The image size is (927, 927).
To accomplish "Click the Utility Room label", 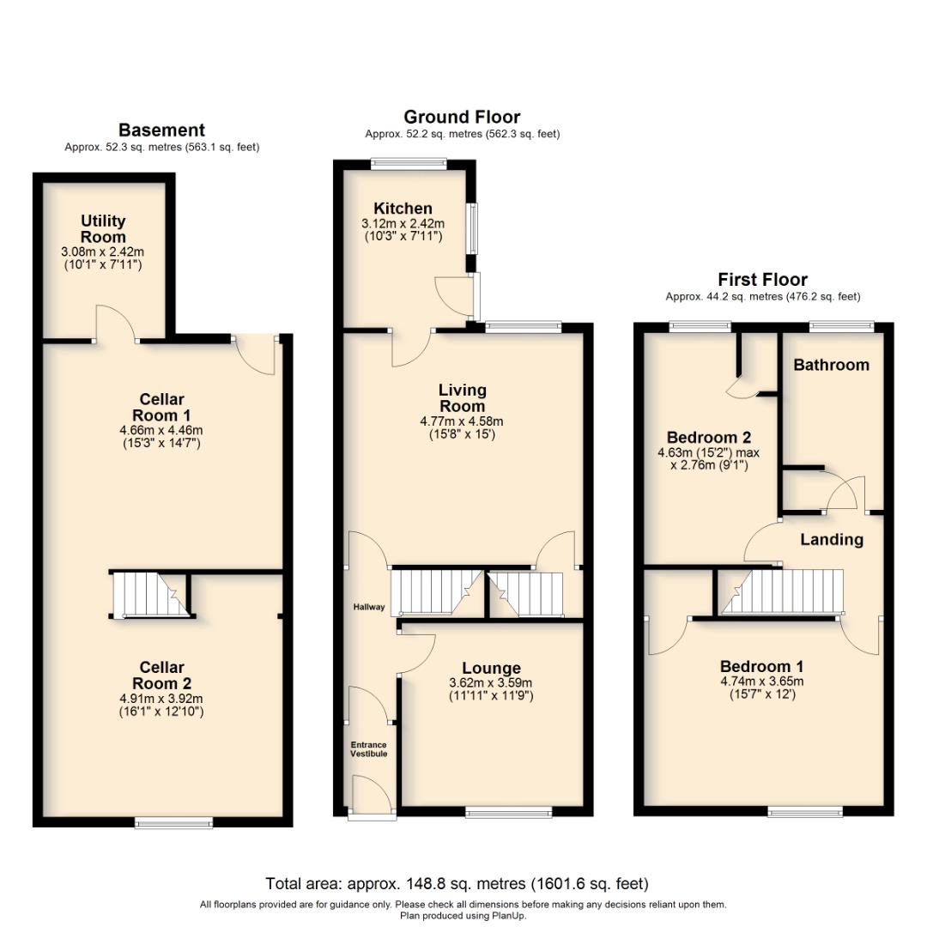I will click(103, 228).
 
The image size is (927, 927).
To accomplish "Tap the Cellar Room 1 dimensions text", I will click(163, 437).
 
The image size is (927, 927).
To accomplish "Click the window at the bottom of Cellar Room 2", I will click(173, 823).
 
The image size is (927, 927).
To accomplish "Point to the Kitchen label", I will click(403, 209).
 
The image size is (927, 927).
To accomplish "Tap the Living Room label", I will click(462, 398).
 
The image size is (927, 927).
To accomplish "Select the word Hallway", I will click(368, 608).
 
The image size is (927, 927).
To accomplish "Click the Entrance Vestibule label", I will click(368, 749).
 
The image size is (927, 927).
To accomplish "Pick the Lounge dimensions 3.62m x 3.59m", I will click(490, 690).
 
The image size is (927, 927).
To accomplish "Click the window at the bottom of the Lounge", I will click(509, 811).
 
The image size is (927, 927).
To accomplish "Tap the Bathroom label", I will click(831, 365).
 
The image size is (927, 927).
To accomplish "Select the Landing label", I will click(831, 540).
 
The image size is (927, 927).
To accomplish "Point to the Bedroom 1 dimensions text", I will click(761, 688).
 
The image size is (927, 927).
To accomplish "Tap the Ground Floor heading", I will click(462, 117).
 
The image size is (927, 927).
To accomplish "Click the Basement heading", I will click(161, 130).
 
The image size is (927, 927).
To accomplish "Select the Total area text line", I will click(457, 883).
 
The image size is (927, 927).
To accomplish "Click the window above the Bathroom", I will click(842, 325).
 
